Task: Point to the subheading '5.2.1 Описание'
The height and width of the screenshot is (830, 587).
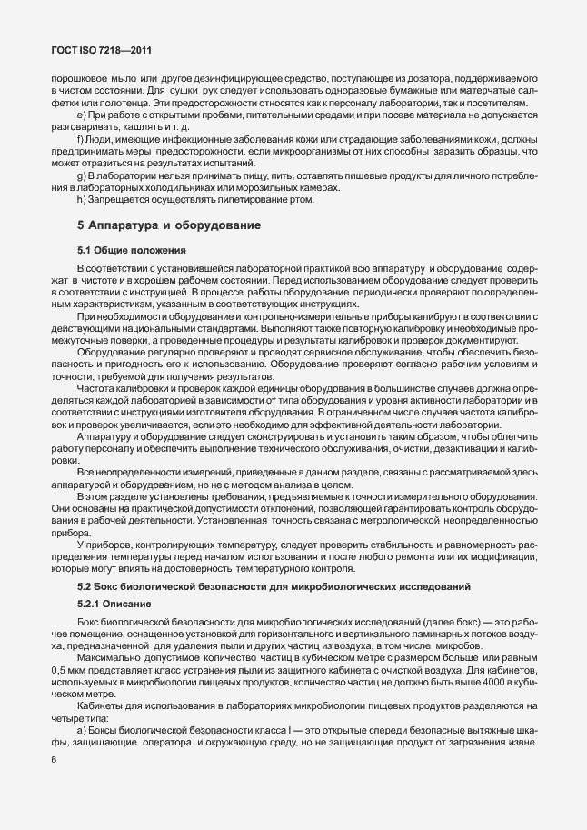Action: pos(114,605)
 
